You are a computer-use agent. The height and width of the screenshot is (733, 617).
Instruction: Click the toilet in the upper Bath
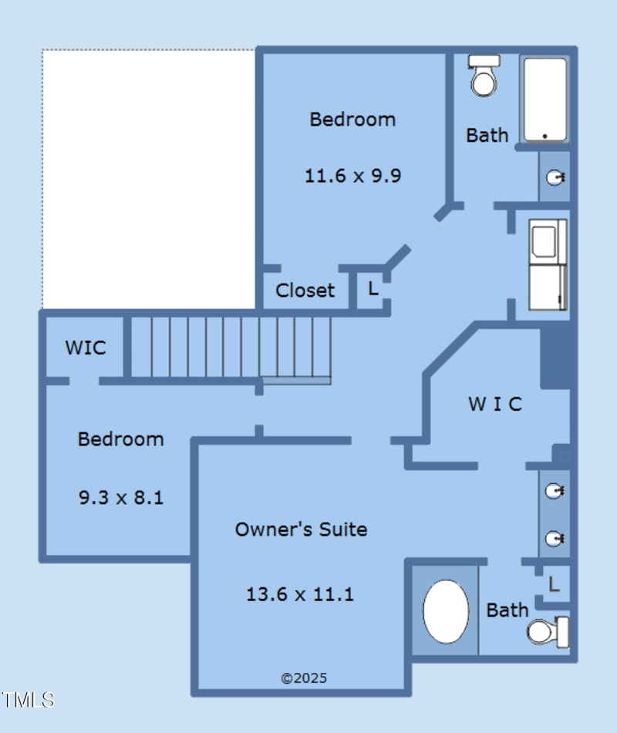pos(484,76)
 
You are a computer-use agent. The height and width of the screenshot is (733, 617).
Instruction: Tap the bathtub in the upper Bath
pos(545,99)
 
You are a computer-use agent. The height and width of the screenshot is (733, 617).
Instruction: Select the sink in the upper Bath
pos(555,177)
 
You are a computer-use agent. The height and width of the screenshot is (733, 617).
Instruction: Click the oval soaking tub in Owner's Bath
pos(446,611)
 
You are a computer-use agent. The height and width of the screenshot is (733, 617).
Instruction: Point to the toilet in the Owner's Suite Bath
pos(548,631)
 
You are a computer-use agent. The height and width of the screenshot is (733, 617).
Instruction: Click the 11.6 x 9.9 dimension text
pos(352,176)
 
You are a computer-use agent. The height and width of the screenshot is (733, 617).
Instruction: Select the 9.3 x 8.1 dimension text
pos(120,497)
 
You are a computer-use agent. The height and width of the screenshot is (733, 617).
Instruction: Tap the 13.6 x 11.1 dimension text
pos(300,594)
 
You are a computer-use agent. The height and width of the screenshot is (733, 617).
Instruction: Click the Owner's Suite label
pos(301,530)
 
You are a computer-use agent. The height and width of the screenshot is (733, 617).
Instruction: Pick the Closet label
pos(305,291)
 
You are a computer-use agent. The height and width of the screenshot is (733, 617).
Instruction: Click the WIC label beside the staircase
pos(86,348)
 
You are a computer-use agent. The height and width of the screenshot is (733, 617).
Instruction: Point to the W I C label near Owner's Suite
pos(495,404)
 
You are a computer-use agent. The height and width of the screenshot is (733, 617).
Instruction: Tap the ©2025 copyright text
pos(304,678)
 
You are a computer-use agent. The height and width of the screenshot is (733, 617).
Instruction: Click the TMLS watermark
pos(28,700)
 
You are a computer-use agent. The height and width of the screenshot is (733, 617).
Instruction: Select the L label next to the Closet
pos(373,288)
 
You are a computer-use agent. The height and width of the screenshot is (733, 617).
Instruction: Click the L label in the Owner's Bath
pos(554,584)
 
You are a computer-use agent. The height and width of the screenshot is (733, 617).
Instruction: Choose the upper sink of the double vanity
pos(555,491)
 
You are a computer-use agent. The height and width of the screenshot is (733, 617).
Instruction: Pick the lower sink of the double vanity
pos(555,539)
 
